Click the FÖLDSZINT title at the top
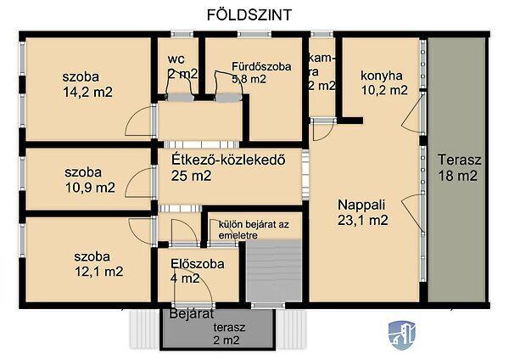coord(249,15)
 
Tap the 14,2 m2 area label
coord(87,92)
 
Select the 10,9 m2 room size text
coord(90,188)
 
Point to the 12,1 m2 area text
coord(98,272)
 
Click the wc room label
coord(176,59)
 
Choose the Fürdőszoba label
coord(261,66)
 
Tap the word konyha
coord(382,76)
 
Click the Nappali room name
coord(361,205)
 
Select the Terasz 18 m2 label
coord(459,167)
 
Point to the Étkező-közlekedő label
coord(228,160)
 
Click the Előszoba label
coord(198,263)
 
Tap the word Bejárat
coord(192,314)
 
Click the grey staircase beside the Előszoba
coord(273,272)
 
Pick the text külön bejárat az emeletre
coord(254,230)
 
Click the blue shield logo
coord(402,335)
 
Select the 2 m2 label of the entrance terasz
coord(227,340)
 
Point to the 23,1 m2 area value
coord(362,220)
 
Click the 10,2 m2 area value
coord(384,90)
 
